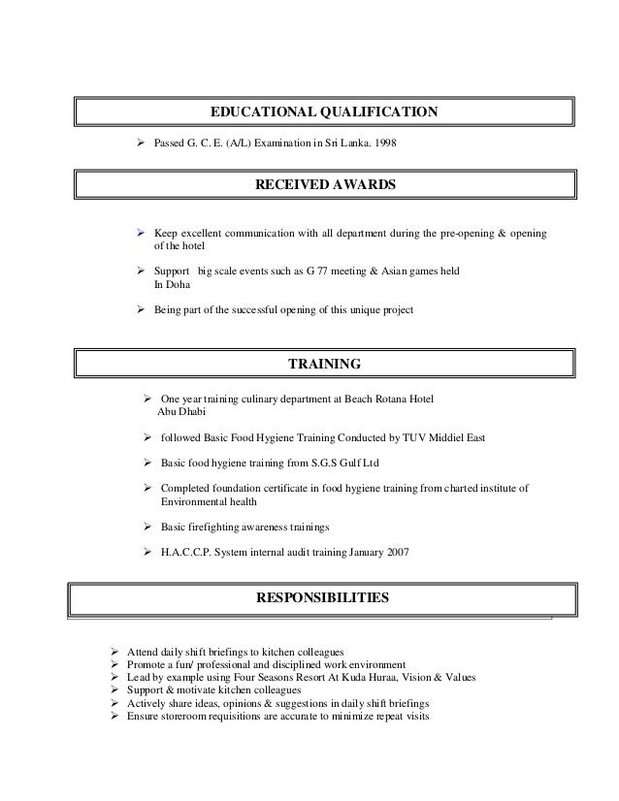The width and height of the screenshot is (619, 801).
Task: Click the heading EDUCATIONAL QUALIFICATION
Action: [324, 113]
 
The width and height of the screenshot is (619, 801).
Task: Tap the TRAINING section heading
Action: [325, 365]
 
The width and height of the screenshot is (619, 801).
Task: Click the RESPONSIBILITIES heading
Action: [322, 597]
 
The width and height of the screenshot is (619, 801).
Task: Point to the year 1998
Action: [385, 144]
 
